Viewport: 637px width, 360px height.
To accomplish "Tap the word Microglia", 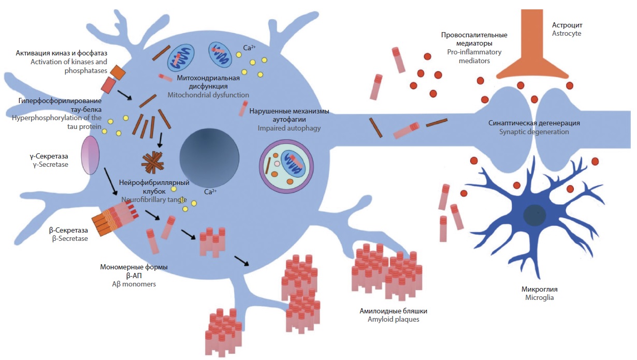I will [539, 298].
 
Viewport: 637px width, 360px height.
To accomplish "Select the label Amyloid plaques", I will [389, 320].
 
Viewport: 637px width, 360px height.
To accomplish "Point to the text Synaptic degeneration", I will [533, 132].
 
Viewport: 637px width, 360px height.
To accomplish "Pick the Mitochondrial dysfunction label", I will [208, 95].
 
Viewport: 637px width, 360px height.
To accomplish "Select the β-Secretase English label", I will [70, 239].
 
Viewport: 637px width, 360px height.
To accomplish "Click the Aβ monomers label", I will [134, 284].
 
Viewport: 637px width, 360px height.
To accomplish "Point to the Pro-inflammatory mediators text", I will [474, 52].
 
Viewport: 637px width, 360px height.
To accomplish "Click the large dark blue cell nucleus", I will [209, 155].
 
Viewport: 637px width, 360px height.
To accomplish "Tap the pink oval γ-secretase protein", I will [90, 155].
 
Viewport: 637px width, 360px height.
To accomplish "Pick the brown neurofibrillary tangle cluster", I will [152, 162].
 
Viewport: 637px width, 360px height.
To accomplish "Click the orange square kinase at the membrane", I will [118, 73].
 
